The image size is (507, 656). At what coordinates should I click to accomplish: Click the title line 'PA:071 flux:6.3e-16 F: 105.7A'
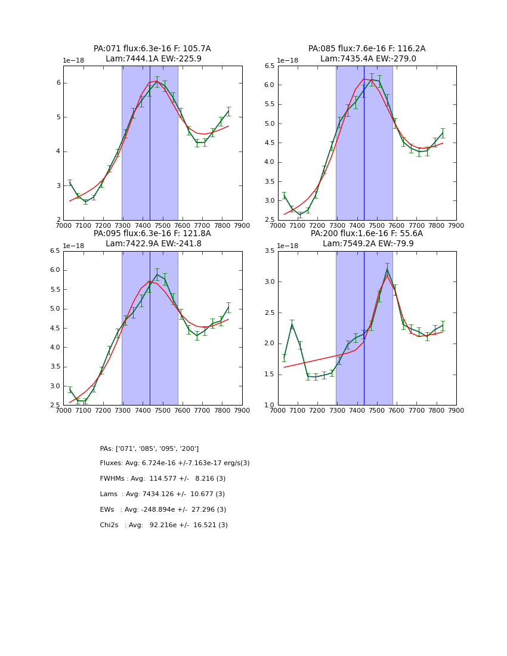click(152, 49)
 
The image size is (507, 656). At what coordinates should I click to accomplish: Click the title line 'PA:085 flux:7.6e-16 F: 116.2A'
click(367, 49)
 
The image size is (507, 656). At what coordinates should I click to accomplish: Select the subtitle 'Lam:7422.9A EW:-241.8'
click(152, 244)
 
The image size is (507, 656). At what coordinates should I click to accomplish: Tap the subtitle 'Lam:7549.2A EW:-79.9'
click(367, 244)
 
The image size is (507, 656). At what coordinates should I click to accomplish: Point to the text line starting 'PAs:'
click(149, 448)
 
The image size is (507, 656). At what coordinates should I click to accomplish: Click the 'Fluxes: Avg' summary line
click(175, 463)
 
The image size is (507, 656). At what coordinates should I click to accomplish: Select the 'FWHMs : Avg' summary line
click(163, 479)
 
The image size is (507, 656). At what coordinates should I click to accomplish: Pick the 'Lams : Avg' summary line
click(162, 494)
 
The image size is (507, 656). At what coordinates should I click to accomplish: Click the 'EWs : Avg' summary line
click(163, 510)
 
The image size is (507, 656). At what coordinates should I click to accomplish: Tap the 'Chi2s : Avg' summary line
click(163, 525)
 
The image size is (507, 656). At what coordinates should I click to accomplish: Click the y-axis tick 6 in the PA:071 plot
click(58, 83)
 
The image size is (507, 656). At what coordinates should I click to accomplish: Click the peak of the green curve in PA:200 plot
click(387, 270)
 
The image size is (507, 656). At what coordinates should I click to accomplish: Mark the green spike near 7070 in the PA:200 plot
click(292, 324)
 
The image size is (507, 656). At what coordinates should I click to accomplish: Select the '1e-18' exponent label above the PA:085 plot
click(287, 61)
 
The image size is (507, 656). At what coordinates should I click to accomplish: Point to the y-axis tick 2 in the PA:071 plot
click(58, 220)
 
